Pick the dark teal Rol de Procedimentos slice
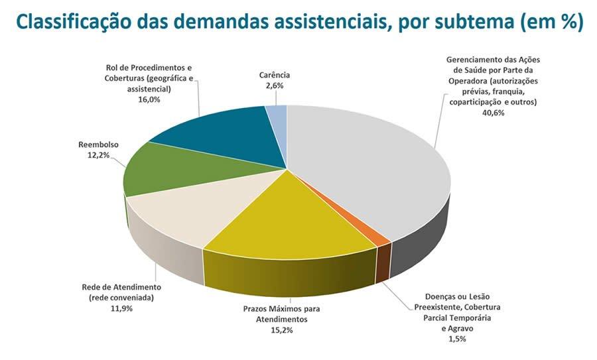219,136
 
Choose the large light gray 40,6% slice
371,166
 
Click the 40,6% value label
495,113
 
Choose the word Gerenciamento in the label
475,60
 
